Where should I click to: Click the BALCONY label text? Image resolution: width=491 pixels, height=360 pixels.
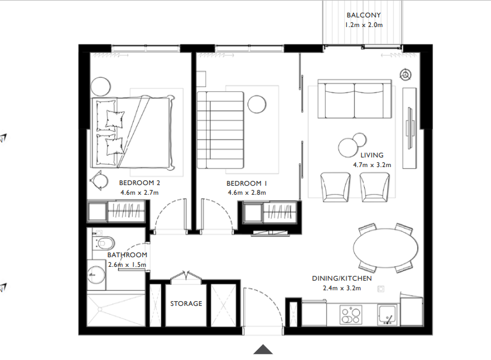pos(364,16)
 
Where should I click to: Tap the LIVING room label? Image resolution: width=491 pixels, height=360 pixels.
pos(372,155)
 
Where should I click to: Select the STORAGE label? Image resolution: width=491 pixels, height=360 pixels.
pos(186,304)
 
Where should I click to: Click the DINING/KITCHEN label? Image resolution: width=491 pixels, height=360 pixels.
pos(341,279)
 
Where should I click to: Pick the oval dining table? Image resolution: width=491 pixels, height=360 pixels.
pos(385,248)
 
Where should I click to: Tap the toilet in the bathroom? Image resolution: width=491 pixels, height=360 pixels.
pos(103,243)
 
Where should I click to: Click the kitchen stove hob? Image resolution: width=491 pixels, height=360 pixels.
pos(351,314)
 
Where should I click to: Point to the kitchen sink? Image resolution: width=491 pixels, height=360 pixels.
pos(386,313)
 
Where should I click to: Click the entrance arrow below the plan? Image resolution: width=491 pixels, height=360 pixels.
pos(263,349)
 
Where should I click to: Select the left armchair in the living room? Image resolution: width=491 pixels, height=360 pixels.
pos(335,186)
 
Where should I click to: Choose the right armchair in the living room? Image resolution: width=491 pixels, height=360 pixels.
pos(373,186)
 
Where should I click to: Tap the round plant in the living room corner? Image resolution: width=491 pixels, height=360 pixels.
pos(406,75)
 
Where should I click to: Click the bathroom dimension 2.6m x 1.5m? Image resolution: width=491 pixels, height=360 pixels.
pos(127,264)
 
